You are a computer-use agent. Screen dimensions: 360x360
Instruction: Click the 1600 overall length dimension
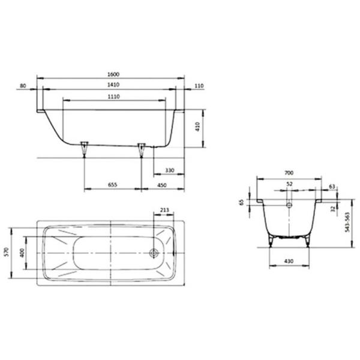coord(113,74)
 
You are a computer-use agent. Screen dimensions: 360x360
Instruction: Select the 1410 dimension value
coord(113,85)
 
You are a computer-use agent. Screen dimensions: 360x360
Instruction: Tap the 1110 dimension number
coord(114,97)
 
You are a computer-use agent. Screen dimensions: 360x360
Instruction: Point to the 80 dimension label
coord(23,86)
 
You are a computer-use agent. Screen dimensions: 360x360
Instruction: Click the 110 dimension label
coord(199,86)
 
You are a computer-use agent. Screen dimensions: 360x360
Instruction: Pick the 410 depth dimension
coord(197,127)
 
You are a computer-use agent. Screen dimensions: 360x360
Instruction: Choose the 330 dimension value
coord(170,170)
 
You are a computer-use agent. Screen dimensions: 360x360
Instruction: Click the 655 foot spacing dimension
coord(113,185)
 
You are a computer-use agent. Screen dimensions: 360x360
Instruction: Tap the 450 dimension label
coord(162,185)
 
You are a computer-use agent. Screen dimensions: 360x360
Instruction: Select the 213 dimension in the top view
coord(164,209)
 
